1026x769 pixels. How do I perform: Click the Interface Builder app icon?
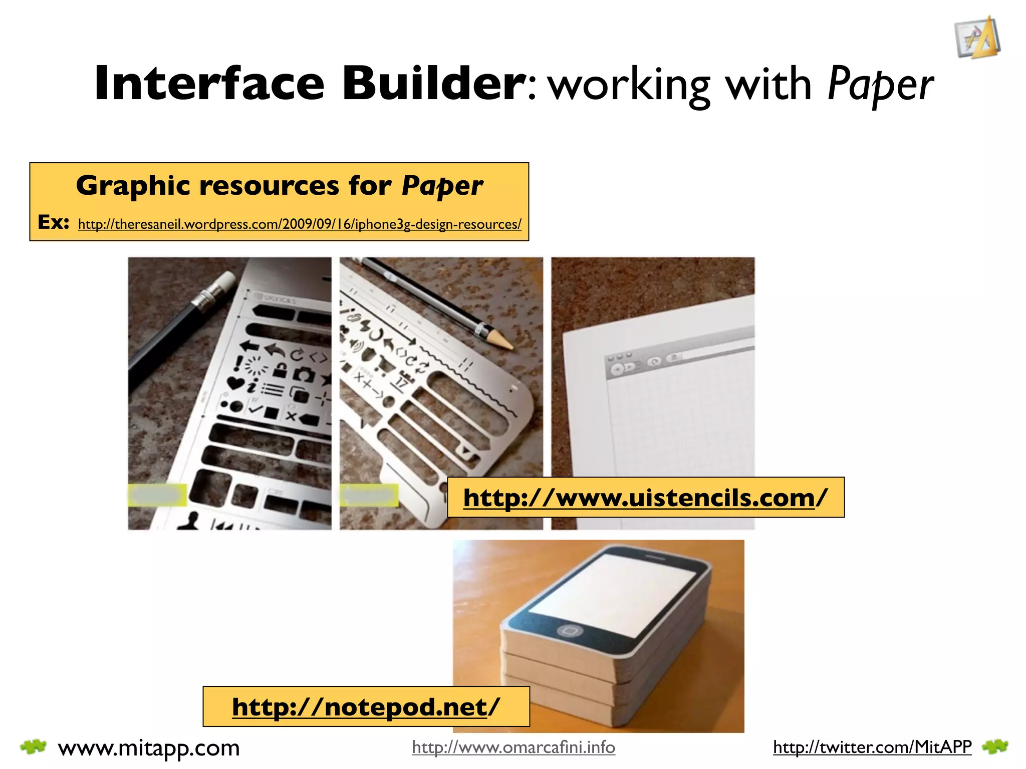(x=977, y=38)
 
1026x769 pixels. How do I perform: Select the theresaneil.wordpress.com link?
(x=300, y=224)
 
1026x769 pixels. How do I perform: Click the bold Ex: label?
(x=53, y=222)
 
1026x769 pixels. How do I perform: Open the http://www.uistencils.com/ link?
(x=645, y=498)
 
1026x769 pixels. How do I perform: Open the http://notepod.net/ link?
(x=366, y=707)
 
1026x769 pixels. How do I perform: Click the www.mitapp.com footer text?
(x=149, y=748)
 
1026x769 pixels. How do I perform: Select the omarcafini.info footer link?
(x=514, y=747)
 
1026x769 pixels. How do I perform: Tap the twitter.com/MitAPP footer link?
(x=872, y=747)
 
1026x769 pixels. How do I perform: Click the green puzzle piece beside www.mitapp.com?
(x=33, y=747)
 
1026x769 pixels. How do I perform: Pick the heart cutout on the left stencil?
(x=235, y=383)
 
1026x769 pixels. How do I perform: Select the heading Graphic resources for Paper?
(x=279, y=186)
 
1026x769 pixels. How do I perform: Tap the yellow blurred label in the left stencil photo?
(x=157, y=495)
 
